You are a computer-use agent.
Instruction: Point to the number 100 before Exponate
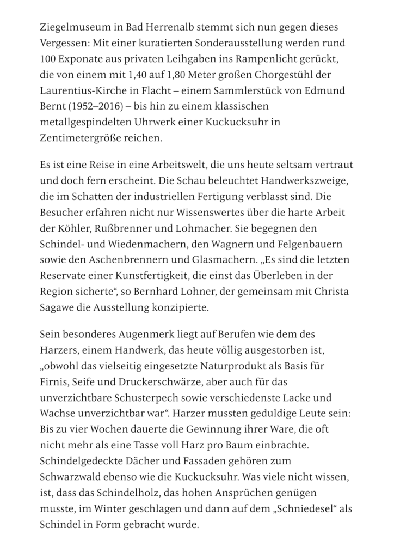pyautogui.click(x=47, y=58)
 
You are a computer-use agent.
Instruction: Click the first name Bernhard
pyautogui.click(x=184, y=290)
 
